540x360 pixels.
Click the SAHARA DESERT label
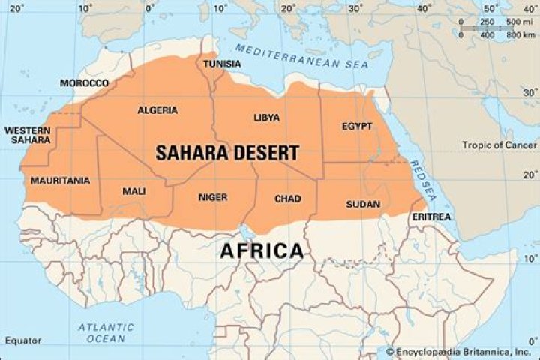click(227, 153)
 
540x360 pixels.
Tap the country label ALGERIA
click(157, 110)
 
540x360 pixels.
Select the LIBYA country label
click(266, 118)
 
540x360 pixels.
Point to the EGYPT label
click(356, 126)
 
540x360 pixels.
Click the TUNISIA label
click(223, 64)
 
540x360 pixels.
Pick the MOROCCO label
click(84, 82)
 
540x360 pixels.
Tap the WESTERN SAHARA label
click(28, 136)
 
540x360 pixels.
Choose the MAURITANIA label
click(60, 181)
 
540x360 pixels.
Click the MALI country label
click(133, 191)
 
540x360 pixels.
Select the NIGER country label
click(212, 197)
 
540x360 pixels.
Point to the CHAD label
click(287, 199)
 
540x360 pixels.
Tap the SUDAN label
click(363, 204)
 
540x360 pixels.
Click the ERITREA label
click(431, 217)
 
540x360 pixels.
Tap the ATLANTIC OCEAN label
click(106, 333)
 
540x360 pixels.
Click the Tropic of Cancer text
click(499, 145)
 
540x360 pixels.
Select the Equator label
click(22, 340)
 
